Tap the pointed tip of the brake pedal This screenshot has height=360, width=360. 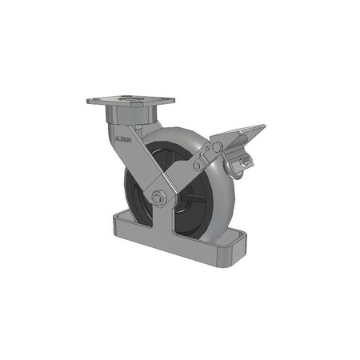coord(264,125)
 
